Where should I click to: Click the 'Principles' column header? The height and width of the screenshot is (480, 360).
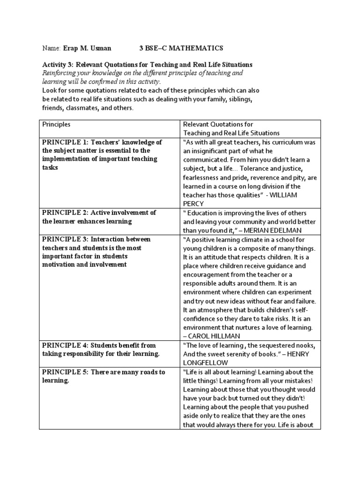56,124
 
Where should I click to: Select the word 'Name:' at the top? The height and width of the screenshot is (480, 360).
52,48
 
